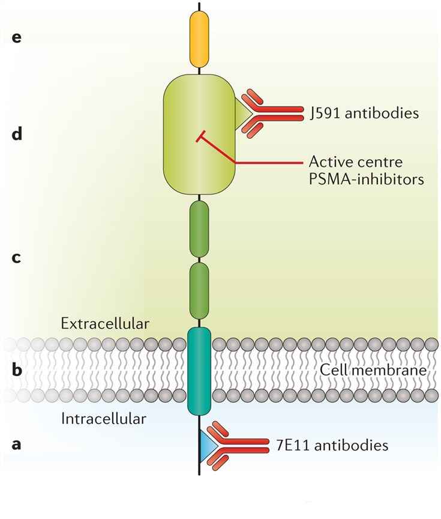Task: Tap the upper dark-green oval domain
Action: [x=199, y=228]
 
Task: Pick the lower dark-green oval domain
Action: [x=199, y=291]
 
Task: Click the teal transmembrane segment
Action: [x=199, y=371]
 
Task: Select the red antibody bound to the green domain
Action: [x=273, y=113]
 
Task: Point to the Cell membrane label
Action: [x=373, y=370]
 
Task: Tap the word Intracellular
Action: [x=103, y=418]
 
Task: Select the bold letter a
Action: [x=17, y=445]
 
